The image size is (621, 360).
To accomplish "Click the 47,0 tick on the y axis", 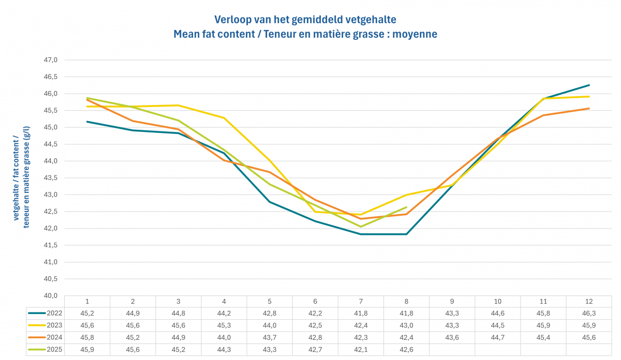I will (x=50, y=60).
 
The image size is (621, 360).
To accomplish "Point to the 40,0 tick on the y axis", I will (x=50, y=296).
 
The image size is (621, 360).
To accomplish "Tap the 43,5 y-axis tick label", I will (x=50, y=178).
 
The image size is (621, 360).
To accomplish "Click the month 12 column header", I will (x=589, y=301).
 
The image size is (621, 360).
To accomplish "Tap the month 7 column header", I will (x=361, y=301).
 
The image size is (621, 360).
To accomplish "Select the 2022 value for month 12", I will (x=589, y=313).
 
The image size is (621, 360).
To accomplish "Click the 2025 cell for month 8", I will (x=406, y=350).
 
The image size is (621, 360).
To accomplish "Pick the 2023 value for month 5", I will (x=270, y=325).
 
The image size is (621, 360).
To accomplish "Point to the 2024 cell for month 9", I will (x=452, y=337).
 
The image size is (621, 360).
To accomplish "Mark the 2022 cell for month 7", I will (x=361, y=313).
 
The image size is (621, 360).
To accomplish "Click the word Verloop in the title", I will (x=232, y=20).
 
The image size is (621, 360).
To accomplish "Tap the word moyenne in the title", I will (x=416, y=34).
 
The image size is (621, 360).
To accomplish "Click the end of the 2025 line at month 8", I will (x=407, y=207).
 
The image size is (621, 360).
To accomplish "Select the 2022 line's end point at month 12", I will (x=589, y=85).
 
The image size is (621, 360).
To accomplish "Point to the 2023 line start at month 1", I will (x=87, y=107).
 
